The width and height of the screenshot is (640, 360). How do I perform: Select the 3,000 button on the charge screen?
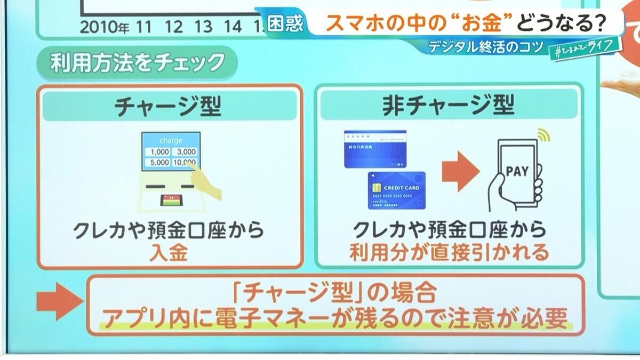click(186, 152)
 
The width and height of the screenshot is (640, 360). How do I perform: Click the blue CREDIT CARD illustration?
click(396, 190)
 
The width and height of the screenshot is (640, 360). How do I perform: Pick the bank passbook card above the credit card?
click(375, 149)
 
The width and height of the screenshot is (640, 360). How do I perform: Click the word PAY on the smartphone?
click(516, 172)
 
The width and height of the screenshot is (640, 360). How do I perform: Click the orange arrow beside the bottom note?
click(59, 302)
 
